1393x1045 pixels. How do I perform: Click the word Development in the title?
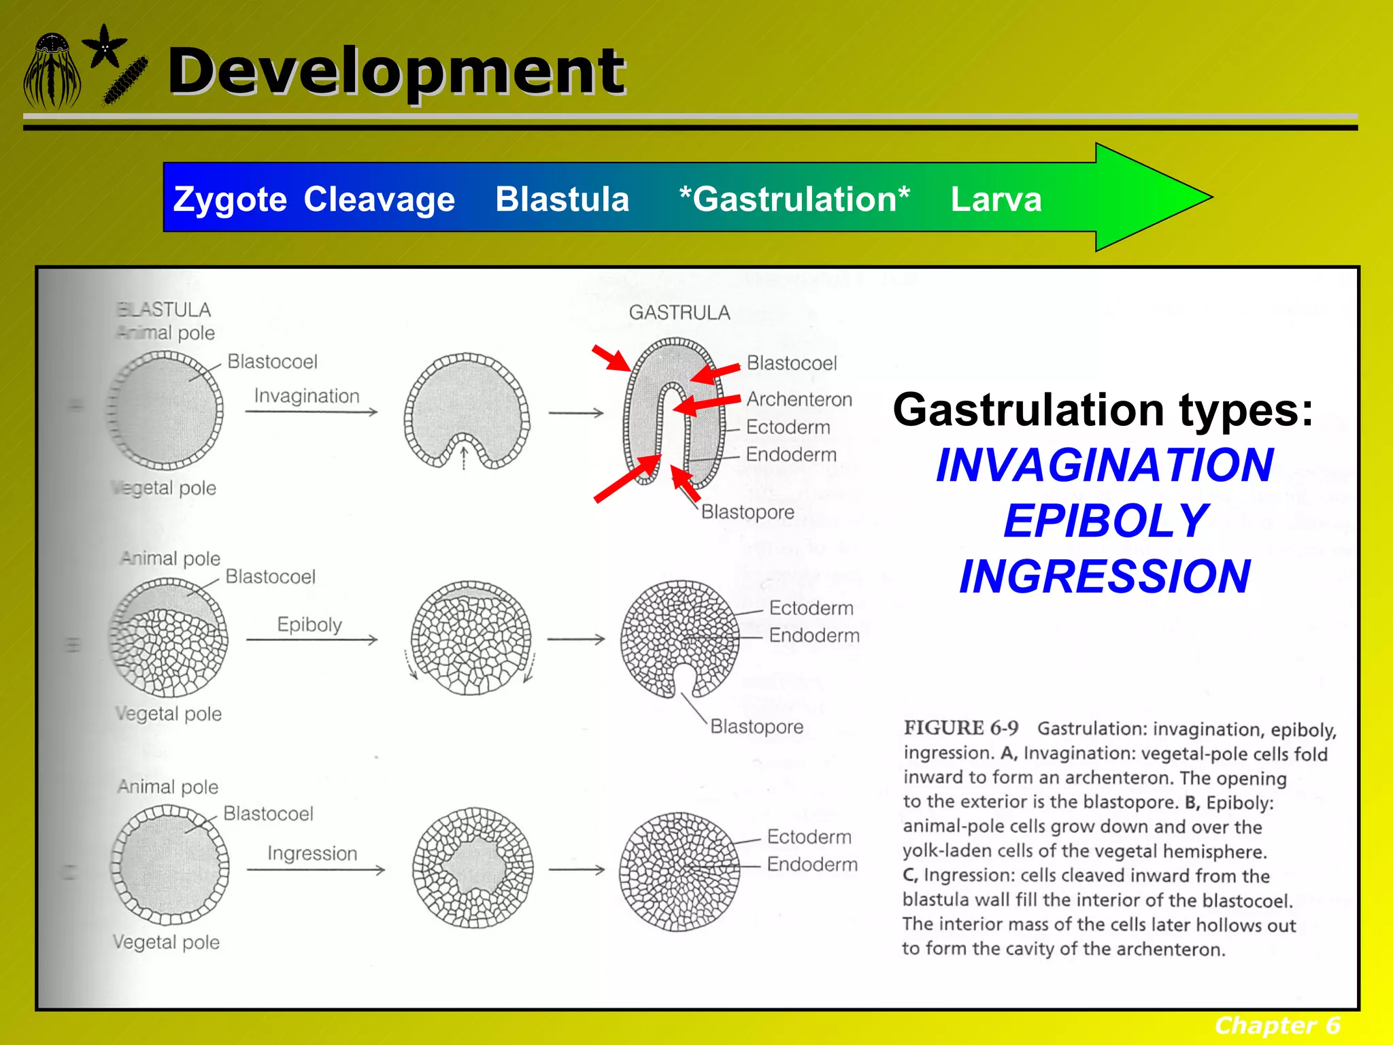point(396,71)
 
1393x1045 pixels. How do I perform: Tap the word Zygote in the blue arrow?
point(230,199)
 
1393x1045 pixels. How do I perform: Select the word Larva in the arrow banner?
point(996,199)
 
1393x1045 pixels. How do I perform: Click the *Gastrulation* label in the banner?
point(794,199)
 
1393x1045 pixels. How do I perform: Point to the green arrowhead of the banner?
point(1149,197)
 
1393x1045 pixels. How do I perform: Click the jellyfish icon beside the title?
point(52,71)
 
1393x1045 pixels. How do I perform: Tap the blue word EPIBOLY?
point(1105,521)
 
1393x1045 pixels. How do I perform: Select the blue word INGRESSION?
point(1105,577)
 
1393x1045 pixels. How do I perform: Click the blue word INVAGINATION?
point(1105,465)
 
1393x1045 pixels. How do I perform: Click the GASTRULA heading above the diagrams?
point(679,312)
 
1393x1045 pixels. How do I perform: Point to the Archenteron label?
point(799,399)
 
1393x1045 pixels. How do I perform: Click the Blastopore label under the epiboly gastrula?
point(756,727)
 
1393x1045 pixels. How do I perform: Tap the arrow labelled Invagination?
point(311,412)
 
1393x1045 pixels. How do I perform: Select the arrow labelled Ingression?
point(315,869)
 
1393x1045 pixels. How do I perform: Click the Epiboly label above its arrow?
point(309,624)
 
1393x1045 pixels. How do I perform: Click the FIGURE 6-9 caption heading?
point(960,728)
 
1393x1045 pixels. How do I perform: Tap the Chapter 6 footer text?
point(1277,1025)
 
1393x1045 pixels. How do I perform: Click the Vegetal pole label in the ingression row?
point(166,942)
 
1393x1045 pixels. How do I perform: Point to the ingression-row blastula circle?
point(170,865)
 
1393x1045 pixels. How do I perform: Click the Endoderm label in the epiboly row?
point(814,635)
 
